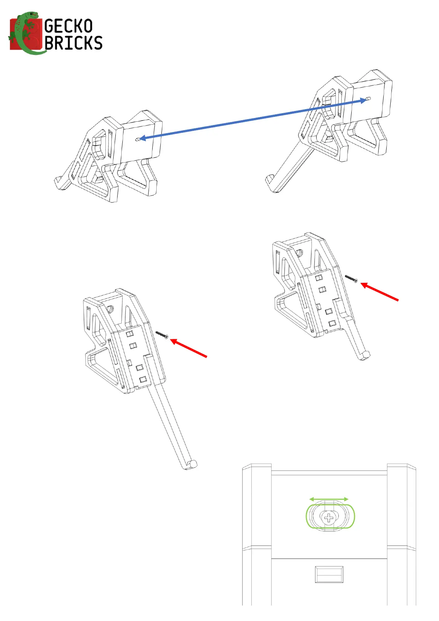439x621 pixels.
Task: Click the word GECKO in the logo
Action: (69, 27)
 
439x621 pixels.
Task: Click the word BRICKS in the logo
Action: (73, 43)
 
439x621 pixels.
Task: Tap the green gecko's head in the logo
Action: (33, 16)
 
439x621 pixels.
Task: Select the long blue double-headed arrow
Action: (253, 119)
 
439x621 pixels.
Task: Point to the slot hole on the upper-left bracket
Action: (139, 139)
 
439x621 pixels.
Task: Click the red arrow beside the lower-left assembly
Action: (189, 348)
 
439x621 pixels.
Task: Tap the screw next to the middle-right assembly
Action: (351, 278)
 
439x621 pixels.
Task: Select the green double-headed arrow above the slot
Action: (329, 499)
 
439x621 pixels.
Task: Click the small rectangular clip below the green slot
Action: (329, 575)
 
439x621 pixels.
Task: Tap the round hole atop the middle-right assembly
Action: (299, 253)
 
